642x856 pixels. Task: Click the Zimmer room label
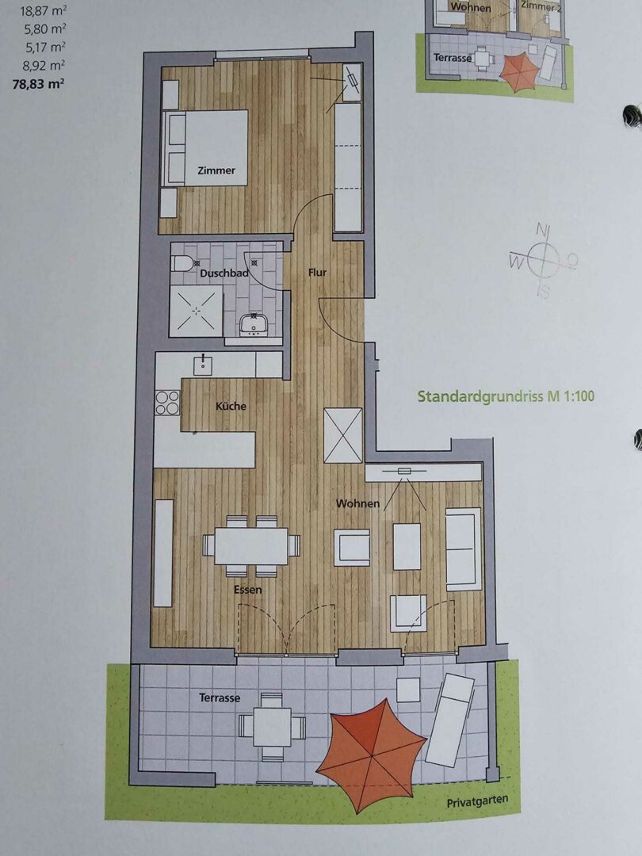click(x=216, y=170)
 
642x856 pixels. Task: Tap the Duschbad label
click(x=224, y=273)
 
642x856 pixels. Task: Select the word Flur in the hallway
click(x=317, y=273)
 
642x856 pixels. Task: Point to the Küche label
click(x=231, y=406)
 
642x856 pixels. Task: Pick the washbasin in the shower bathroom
click(x=252, y=325)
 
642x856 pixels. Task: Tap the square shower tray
click(x=197, y=311)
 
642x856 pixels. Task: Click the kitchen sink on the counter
click(x=203, y=365)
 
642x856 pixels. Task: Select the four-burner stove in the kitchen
click(x=167, y=403)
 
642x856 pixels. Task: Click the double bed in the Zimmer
click(x=206, y=148)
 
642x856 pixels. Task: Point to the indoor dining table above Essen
click(x=251, y=546)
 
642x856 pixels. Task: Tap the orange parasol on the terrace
click(x=372, y=755)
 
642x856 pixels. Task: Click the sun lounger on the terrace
click(x=450, y=719)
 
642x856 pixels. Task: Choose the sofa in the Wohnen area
click(x=464, y=549)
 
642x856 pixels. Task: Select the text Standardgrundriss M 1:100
click(x=506, y=396)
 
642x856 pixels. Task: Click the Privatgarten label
click(x=477, y=801)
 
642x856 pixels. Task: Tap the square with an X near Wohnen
click(x=343, y=436)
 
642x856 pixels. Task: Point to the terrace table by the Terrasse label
click(x=272, y=727)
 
